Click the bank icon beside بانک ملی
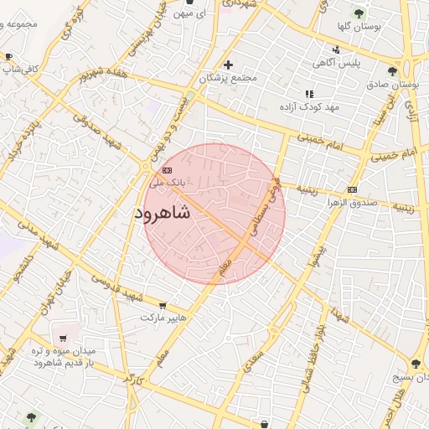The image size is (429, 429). (x=165, y=170)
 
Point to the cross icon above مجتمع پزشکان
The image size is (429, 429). (x=227, y=65)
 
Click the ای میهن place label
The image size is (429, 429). (x=192, y=14)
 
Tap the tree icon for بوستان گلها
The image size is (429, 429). (x=359, y=13)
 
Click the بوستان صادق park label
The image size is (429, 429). (x=393, y=85)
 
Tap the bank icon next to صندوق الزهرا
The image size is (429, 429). (x=351, y=189)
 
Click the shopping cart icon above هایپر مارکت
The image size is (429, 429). (x=162, y=307)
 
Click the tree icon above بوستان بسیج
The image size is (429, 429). (x=416, y=364)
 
